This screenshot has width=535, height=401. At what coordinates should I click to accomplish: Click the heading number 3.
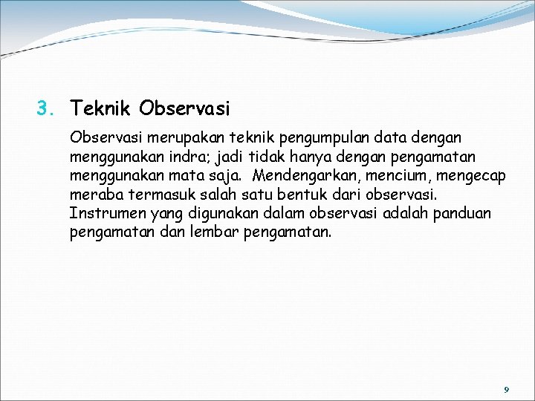tap(46, 110)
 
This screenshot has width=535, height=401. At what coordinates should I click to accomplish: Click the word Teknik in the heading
tap(102, 110)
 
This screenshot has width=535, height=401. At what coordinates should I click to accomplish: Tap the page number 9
tap(506, 389)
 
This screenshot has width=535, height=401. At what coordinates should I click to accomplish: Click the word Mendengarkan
tap(305, 177)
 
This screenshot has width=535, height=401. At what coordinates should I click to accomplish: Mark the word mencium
tap(394, 177)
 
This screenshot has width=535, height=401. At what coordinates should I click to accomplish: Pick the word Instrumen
tap(105, 214)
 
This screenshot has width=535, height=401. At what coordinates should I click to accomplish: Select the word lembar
tap(216, 233)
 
